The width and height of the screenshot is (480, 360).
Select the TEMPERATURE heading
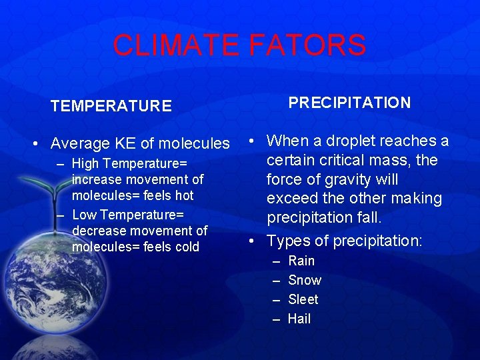[x=111, y=106]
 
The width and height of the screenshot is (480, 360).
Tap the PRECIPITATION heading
[x=349, y=103]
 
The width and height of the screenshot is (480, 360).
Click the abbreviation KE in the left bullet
[x=126, y=143]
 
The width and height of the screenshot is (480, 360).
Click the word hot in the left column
[x=184, y=195]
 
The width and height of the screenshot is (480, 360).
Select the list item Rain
[x=301, y=261]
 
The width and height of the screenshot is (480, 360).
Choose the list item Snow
[x=305, y=280]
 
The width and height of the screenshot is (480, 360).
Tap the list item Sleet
[x=303, y=299]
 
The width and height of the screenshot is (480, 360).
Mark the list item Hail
[x=299, y=319]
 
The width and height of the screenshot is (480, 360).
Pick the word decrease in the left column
[x=97, y=231]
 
